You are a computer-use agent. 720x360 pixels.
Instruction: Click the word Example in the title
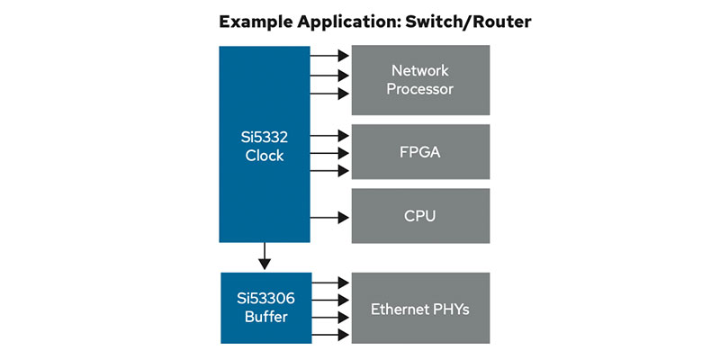[x=259, y=22]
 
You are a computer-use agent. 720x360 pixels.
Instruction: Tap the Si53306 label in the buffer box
[x=264, y=299]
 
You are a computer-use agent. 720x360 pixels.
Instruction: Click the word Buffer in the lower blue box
[x=264, y=317]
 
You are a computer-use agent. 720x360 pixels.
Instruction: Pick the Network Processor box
[x=420, y=80]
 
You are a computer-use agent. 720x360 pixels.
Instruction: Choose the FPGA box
[x=420, y=152]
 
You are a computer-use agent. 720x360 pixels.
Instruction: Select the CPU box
[x=420, y=216]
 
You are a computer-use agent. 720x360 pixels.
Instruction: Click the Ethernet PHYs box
[x=420, y=309]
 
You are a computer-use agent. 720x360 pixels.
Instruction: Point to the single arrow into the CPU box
[x=330, y=216]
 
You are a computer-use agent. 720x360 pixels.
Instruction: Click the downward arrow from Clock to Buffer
[x=265, y=256]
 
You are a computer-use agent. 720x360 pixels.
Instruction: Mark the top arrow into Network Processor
[x=330, y=57]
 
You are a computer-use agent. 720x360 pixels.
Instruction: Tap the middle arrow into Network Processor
[x=330, y=76]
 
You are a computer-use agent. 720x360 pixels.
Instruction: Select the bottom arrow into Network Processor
[x=330, y=94]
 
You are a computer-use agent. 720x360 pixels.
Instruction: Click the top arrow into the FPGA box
[x=330, y=136]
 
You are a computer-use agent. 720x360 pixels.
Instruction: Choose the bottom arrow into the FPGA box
[x=330, y=171]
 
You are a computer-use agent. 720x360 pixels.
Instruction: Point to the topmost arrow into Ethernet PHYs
[x=330, y=283]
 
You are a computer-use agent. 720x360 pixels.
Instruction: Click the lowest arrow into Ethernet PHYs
[x=330, y=336]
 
